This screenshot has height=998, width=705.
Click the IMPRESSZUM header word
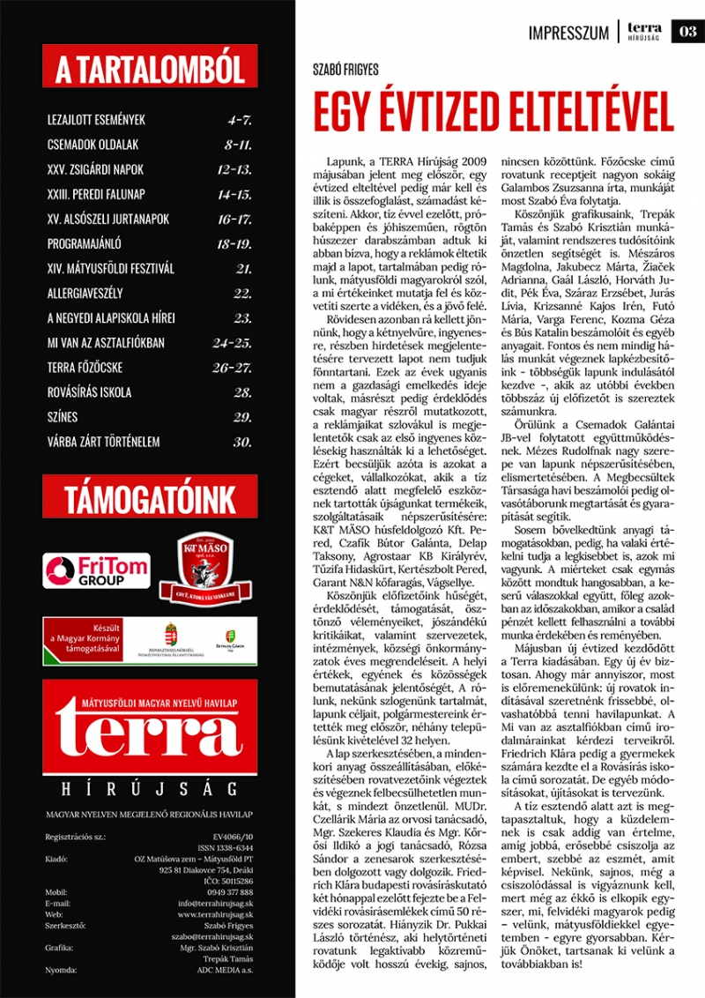[568, 34]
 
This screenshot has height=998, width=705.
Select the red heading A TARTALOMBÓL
[150, 67]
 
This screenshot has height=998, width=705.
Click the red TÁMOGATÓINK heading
[150, 501]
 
